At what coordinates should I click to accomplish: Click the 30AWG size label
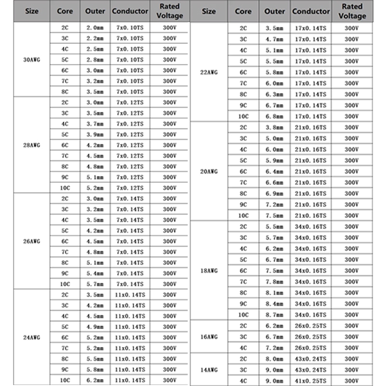click(x=32, y=60)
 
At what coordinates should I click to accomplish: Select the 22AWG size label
click(x=209, y=72)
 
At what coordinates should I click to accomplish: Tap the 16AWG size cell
click(x=209, y=337)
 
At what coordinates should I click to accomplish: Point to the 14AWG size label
click(x=209, y=370)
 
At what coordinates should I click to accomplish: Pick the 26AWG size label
click(x=32, y=241)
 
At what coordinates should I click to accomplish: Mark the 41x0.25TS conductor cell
click(x=311, y=381)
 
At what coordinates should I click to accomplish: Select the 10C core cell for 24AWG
click(x=65, y=380)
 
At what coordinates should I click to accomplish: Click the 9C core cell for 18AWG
click(x=243, y=303)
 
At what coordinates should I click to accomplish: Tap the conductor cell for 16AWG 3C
click(x=311, y=337)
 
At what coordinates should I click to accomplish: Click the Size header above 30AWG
click(x=32, y=11)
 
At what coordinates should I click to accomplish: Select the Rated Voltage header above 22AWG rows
click(x=352, y=11)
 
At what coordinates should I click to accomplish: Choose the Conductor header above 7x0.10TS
click(x=130, y=11)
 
